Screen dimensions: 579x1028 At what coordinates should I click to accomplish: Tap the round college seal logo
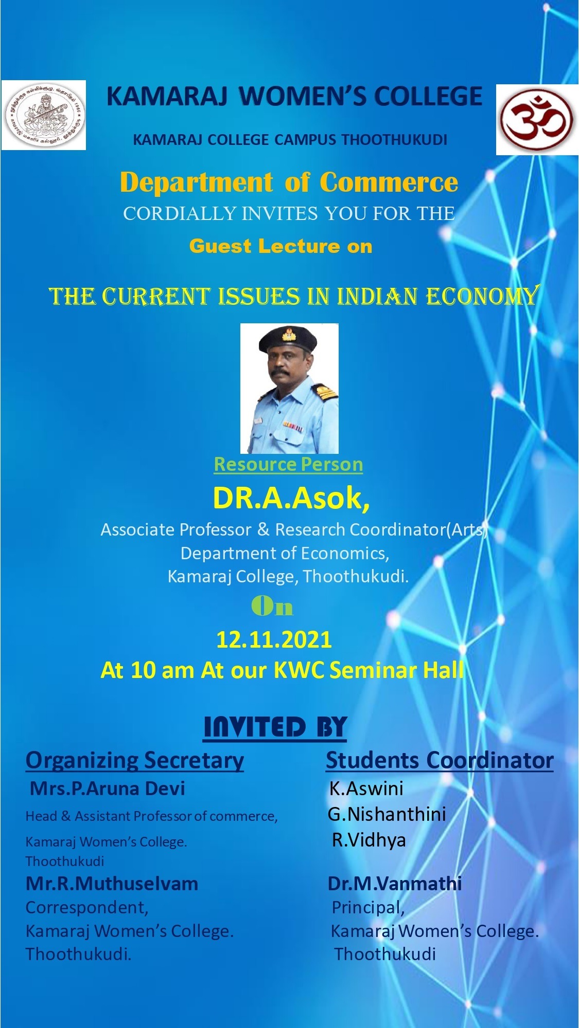(43, 115)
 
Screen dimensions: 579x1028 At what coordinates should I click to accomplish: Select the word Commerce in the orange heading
(389, 182)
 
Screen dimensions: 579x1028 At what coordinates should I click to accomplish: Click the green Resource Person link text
(288, 464)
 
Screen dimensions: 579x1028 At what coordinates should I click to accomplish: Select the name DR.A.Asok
(291, 498)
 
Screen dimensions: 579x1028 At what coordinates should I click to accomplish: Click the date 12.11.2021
(274, 639)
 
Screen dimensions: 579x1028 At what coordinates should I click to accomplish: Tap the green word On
(272, 607)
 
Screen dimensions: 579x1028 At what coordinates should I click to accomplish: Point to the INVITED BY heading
(275, 727)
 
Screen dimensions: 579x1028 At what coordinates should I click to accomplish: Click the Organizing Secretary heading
(135, 760)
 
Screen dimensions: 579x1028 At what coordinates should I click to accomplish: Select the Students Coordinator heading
(440, 760)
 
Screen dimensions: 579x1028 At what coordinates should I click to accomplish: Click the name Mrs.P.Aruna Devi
(108, 788)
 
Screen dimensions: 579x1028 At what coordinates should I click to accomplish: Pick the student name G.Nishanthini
(387, 814)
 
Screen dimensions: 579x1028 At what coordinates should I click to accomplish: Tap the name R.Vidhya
(369, 840)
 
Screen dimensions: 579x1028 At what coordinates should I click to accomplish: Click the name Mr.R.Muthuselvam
(112, 884)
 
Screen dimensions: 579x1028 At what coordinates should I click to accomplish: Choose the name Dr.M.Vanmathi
(395, 884)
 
